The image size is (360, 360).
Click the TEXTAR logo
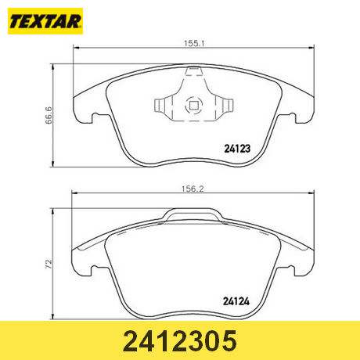45,21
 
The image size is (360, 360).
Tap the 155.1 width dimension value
194,43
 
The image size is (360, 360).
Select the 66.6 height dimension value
49,115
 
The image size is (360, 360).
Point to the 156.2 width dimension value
193,189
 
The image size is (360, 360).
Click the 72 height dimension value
49,264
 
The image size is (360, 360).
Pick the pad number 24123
237,149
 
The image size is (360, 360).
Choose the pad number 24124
236,301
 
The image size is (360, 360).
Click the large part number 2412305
180,340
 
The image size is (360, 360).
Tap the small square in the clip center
193,106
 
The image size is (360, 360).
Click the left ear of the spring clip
160,106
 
